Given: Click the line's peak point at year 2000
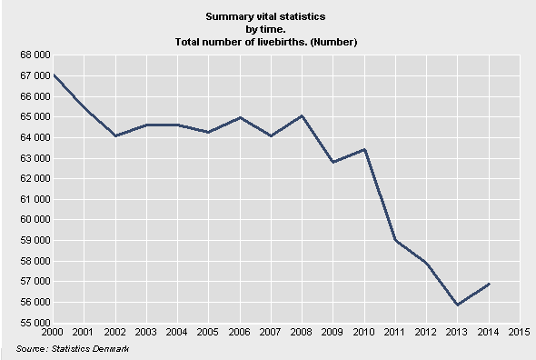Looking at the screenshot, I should coord(54,75).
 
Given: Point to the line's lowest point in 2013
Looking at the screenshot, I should coord(457,305).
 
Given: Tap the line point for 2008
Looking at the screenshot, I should coord(302,115).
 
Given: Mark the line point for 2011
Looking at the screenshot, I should coord(395,239).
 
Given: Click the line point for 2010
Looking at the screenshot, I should coord(364,149).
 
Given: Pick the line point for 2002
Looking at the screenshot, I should coord(116,135).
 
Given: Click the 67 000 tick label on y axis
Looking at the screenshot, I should coord(34,75).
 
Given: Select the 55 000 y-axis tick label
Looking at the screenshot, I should coord(34,323).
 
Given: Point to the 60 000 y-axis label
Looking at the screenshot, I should coord(34,220).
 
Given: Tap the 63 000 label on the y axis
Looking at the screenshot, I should coord(34,158).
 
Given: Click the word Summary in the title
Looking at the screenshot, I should coord(227,17).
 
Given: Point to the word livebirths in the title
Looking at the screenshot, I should coord(306,42).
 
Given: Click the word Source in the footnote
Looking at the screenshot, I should coord(32,349).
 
